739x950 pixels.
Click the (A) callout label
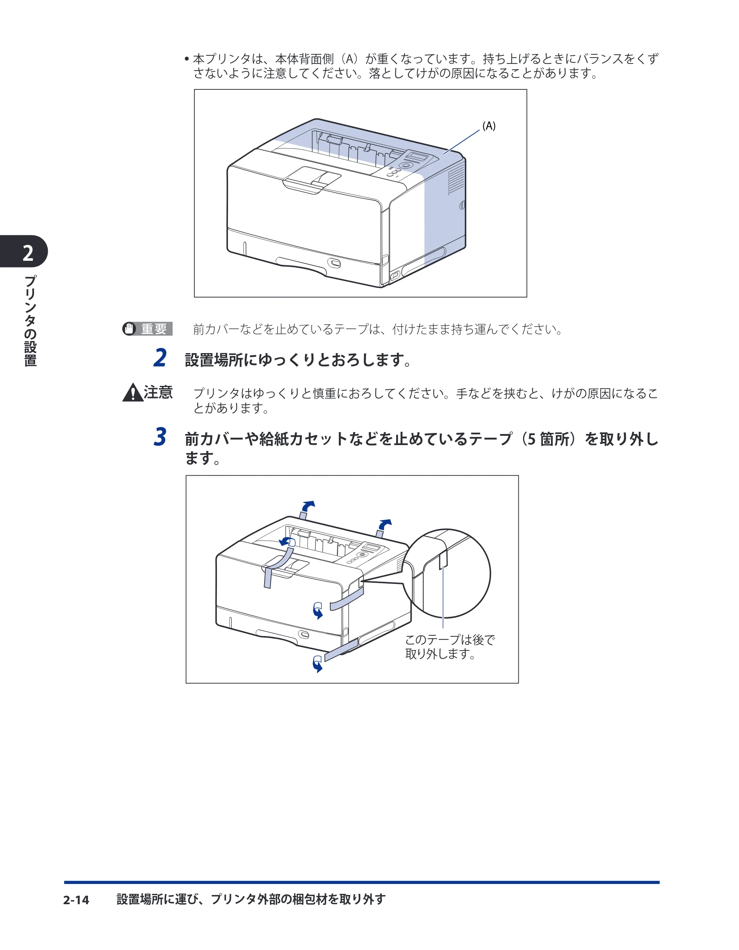pos(489,126)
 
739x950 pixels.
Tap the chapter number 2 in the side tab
pos(28,253)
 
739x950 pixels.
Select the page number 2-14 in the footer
pos(76,900)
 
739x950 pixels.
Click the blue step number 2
pos(160,358)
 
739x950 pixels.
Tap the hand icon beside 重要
pos(129,329)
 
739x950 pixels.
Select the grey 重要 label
pos(154,329)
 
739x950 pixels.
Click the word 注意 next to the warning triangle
pos(159,392)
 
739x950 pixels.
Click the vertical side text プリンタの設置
pos(30,321)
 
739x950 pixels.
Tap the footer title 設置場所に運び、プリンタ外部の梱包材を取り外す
pos(251,899)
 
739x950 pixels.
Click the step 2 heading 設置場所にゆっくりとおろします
pos(298,360)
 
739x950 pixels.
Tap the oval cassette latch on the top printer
pos(335,263)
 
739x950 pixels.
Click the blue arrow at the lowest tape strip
pos(318,663)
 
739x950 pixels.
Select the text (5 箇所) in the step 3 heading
pos(552,439)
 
